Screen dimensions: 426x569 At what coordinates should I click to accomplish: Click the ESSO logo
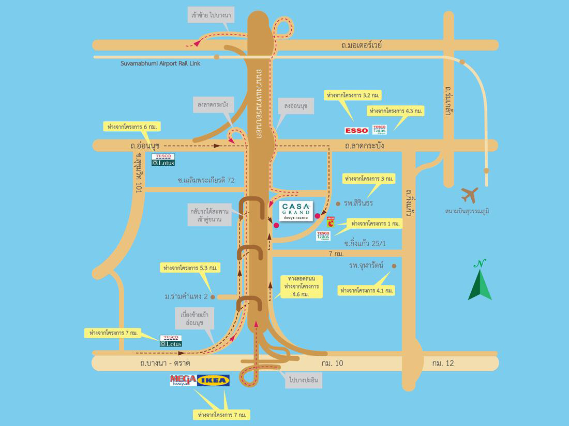tap(356, 130)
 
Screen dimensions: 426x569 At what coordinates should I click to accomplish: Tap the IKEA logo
tap(213, 381)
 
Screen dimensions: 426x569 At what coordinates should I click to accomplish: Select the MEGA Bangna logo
tap(183, 381)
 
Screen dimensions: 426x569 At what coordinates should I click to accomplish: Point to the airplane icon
tap(470, 195)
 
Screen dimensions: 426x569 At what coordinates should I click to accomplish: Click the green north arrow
tap(480, 281)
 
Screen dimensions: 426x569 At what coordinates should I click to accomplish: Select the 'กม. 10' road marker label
tap(332, 363)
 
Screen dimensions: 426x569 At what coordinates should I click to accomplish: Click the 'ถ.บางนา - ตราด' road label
tap(161, 363)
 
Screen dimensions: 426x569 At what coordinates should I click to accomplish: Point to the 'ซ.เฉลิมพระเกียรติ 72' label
tap(206, 180)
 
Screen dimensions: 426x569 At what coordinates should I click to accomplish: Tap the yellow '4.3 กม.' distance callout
tap(396, 111)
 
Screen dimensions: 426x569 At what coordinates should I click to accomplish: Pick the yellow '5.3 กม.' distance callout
tap(191, 268)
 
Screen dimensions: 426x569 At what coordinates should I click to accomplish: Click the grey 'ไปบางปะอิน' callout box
tap(303, 381)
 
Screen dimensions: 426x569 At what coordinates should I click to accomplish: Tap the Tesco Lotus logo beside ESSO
tap(380, 130)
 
